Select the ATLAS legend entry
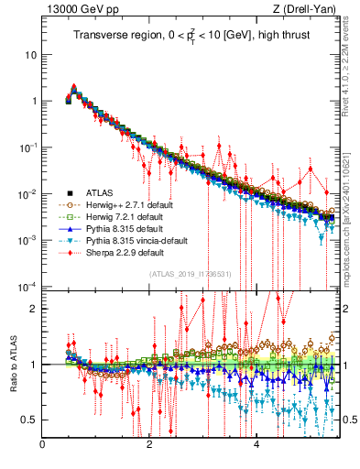click(100, 192)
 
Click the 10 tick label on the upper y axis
click(30, 54)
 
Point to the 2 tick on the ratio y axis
click(33, 309)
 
